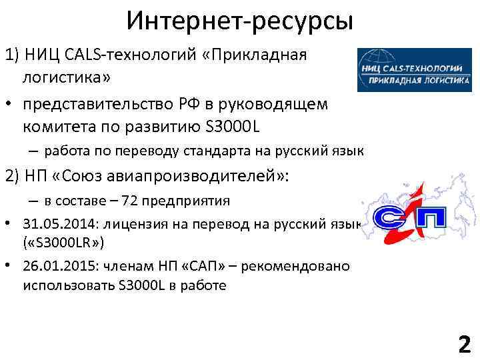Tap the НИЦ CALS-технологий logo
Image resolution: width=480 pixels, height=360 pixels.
[x=413, y=69]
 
